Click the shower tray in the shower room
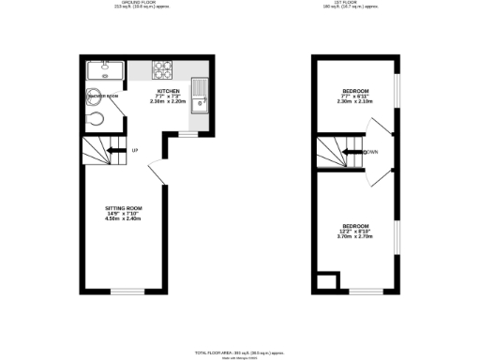(x=99, y=70)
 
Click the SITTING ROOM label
(x=124, y=213)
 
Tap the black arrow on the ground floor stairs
(x=115, y=149)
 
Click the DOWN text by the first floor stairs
(x=371, y=152)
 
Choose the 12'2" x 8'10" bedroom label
(x=354, y=231)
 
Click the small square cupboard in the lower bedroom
(x=326, y=282)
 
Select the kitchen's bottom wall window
(x=188, y=134)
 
